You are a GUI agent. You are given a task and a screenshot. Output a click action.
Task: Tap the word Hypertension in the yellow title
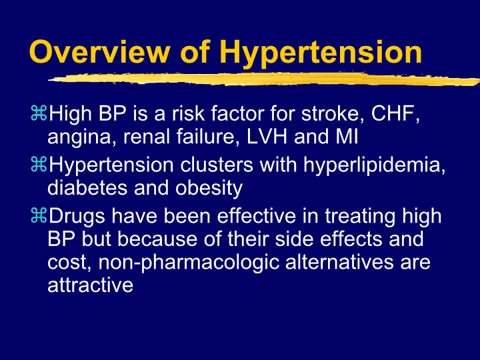[321, 54]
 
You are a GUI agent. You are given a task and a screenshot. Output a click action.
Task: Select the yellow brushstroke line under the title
[264, 79]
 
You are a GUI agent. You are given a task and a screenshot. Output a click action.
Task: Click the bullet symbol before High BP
[39, 113]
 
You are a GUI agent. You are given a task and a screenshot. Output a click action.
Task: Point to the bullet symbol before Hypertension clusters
[39, 164]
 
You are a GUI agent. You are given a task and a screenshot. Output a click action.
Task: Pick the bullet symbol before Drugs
[39, 215]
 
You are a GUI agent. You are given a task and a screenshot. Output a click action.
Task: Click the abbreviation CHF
[395, 114]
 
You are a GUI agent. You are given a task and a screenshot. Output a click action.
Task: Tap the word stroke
[333, 113]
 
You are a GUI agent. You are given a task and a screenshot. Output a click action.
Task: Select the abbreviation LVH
[267, 137]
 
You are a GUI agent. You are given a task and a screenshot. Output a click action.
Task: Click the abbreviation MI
[347, 137]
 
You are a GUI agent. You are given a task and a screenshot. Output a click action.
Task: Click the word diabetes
[87, 187]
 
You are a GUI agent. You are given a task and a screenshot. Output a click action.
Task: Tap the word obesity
[209, 189]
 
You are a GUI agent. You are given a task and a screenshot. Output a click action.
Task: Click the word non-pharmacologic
[189, 263]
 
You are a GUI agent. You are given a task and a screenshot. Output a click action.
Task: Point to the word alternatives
[339, 262]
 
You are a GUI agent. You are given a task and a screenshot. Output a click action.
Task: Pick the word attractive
[90, 285]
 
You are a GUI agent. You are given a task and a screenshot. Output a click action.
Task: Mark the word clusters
[217, 165]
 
